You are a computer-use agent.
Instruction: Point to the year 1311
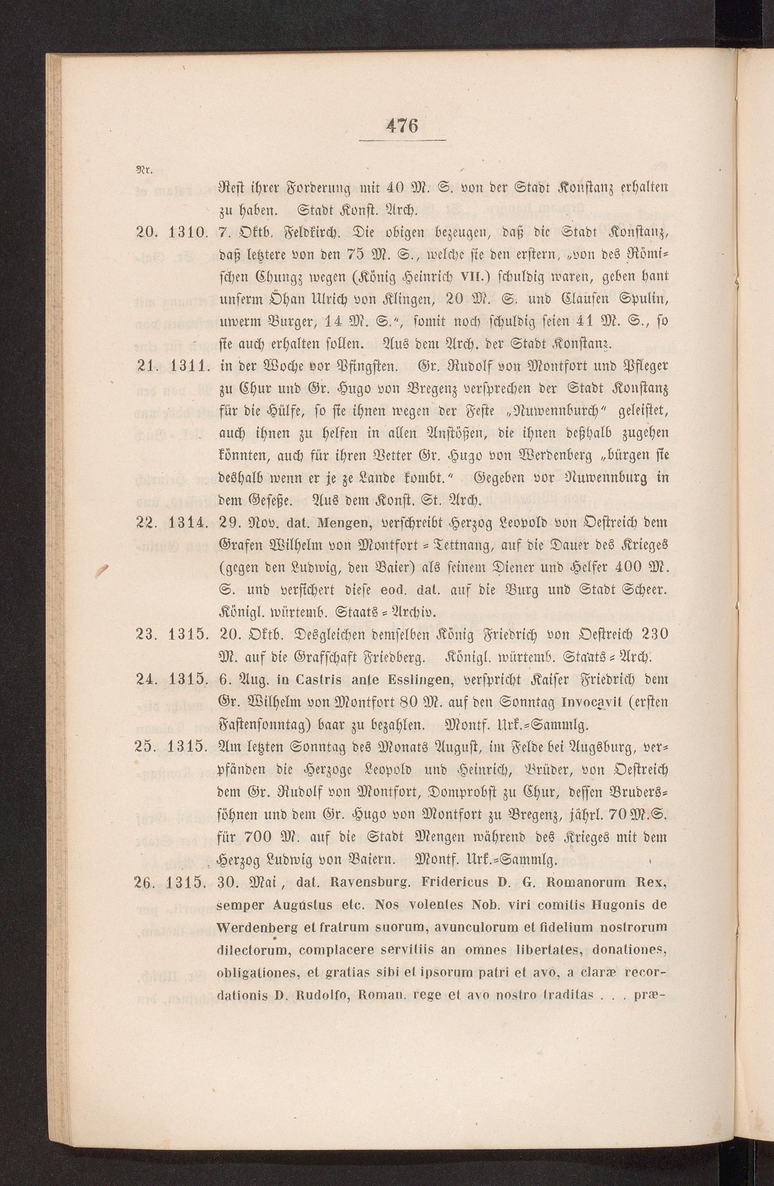(188, 366)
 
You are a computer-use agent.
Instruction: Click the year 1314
(188, 522)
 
